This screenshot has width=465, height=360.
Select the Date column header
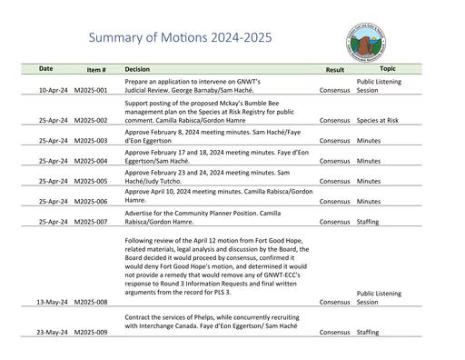[x=45, y=69]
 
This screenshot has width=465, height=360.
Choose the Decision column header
[x=137, y=69]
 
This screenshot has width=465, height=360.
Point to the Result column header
[x=335, y=69]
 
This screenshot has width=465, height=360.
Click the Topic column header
[x=388, y=69]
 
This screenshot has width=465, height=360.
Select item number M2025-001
[x=91, y=91]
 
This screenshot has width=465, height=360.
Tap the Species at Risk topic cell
[x=378, y=120]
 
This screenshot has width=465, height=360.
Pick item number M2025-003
[x=91, y=141]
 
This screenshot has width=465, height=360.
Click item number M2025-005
[x=91, y=181]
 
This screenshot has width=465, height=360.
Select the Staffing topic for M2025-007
[x=368, y=222]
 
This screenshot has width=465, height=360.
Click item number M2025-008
[x=91, y=302]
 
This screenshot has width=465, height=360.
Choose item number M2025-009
[x=91, y=333]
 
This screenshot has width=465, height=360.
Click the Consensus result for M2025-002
[x=335, y=120]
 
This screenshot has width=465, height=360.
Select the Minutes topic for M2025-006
[x=368, y=202]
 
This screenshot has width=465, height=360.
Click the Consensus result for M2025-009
[x=335, y=333]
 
